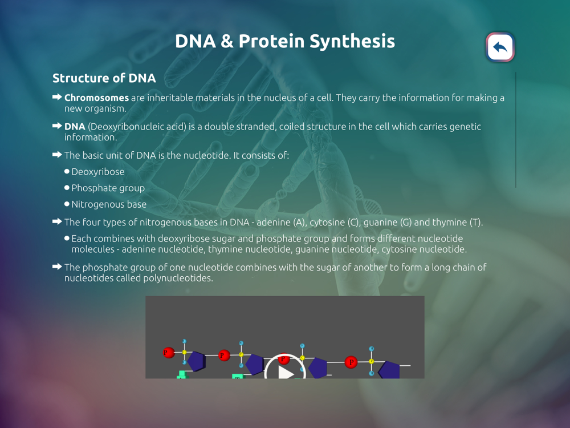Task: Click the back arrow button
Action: tap(500, 47)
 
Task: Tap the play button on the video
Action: tap(285, 367)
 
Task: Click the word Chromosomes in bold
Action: tap(96, 98)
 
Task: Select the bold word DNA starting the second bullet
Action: tap(75, 126)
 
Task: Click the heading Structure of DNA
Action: tap(104, 78)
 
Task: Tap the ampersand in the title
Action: tap(227, 41)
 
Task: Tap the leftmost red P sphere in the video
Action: tap(168, 352)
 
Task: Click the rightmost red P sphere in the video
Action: tap(351, 362)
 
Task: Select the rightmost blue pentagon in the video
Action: tap(389, 370)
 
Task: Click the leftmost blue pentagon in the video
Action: tap(196, 361)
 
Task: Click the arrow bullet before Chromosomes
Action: tap(57, 97)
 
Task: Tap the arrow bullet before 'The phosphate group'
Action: tap(57, 267)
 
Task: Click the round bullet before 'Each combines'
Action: tap(67, 239)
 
